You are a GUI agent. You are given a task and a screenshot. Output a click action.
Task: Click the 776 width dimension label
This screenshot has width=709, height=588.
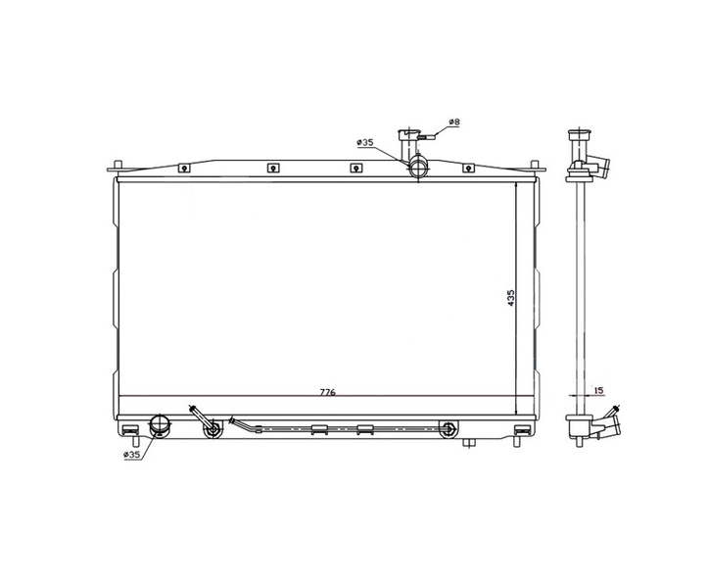point(327,392)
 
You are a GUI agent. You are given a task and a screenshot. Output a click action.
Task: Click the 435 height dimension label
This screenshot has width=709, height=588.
point(511,298)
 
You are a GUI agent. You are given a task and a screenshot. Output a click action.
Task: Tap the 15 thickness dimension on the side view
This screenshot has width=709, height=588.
point(598,390)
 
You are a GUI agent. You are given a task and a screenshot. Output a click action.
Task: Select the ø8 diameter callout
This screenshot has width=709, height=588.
point(454,122)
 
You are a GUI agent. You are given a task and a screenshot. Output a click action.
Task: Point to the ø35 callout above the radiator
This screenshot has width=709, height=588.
point(365,142)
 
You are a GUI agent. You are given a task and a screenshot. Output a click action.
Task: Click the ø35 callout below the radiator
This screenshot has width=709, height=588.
point(131,455)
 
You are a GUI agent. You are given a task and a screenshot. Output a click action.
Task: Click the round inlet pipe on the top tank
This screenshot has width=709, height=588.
point(418,168)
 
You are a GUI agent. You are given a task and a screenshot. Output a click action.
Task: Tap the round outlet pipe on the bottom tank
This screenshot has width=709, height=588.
point(160,426)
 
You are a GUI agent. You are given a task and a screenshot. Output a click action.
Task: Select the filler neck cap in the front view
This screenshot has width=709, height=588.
point(408,134)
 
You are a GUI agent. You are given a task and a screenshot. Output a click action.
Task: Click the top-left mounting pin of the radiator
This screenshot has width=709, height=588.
point(118,166)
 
